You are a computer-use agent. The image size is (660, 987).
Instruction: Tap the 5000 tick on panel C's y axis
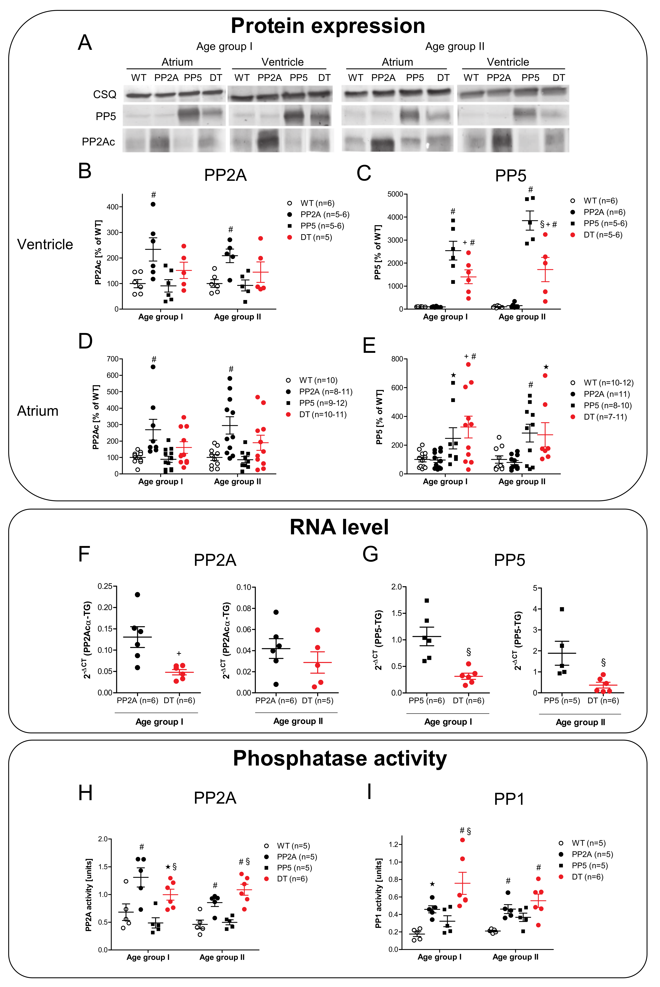(x=395, y=194)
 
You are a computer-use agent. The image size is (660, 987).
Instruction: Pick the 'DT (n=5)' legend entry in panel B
(x=316, y=237)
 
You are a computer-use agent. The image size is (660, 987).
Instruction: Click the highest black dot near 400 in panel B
(x=153, y=204)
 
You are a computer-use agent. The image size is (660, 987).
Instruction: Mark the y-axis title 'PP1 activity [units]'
(x=378, y=893)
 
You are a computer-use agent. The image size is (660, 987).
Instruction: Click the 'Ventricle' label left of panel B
(x=45, y=244)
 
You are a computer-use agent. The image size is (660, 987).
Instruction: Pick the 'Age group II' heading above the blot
(x=455, y=46)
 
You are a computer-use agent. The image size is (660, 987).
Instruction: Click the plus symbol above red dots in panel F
(x=179, y=654)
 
